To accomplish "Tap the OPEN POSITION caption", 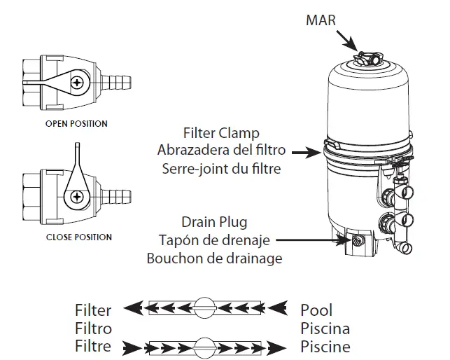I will coord(76,124).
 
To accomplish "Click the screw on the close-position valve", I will coord(73,196).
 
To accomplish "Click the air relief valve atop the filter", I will coord(365,57).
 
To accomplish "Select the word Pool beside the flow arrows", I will coord(316,309).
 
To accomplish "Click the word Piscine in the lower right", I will coord(325,346).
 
